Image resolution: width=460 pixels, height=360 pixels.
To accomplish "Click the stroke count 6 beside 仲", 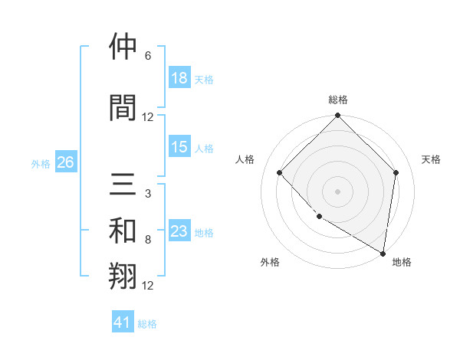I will pyautogui.click(x=148, y=56).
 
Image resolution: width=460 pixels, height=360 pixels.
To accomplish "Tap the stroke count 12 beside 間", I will pyautogui.click(x=148, y=117).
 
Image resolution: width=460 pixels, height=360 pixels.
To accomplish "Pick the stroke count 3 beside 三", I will pyautogui.click(x=148, y=195).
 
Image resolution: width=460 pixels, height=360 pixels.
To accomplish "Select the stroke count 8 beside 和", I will pyautogui.click(x=148, y=240).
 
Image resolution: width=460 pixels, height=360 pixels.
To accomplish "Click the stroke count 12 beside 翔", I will pyautogui.click(x=148, y=286).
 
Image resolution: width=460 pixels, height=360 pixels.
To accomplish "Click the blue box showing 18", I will pyautogui.click(x=179, y=78).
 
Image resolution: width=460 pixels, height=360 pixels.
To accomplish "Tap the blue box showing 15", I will pyautogui.click(x=179, y=147).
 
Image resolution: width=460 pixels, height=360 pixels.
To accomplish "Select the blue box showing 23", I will pyautogui.click(x=179, y=231).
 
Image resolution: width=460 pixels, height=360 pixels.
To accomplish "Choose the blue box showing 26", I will pyautogui.click(x=66, y=162).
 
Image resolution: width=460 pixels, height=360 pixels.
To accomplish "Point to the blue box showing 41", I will pyautogui.click(x=123, y=322).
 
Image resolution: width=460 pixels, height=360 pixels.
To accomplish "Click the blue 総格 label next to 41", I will pyautogui.click(x=147, y=324).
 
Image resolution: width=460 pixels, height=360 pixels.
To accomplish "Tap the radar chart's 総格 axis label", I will pyautogui.click(x=337, y=100).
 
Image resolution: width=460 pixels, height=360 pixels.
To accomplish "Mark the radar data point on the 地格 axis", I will pyautogui.click(x=383, y=253).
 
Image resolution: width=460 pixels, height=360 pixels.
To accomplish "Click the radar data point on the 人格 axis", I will pyautogui.click(x=280, y=173).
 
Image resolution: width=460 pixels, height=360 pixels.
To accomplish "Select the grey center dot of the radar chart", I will pyautogui.click(x=337, y=191).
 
